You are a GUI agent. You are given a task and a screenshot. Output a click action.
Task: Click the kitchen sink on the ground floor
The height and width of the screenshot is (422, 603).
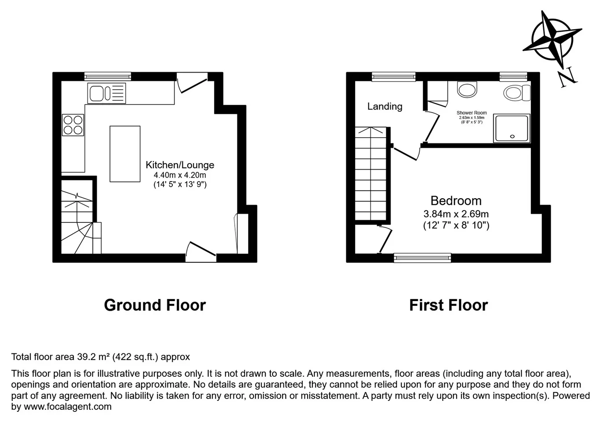pyautogui.click(x=107, y=93)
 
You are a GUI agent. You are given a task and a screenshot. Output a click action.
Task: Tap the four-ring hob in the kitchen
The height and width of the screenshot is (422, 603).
pyautogui.click(x=73, y=125)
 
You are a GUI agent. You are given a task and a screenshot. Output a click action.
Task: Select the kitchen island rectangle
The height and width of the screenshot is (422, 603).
pyautogui.click(x=125, y=154)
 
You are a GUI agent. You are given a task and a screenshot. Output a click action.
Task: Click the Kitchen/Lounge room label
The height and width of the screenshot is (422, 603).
pyautogui.click(x=180, y=165)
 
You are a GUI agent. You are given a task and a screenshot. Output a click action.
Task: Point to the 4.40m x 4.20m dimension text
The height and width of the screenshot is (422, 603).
pyautogui.click(x=180, y=175)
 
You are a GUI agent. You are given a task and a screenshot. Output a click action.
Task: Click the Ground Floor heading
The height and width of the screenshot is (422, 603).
pyautogui.click(x=155, y=305)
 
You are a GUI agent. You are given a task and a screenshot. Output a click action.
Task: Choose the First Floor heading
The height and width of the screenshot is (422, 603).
pyautogui.click(x=448, y=305)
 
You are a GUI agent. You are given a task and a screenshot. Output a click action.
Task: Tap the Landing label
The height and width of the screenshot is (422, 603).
pyautogui.click(x=385, y=106)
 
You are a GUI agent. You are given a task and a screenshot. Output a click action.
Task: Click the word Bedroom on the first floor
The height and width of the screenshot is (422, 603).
pyautogui.click(x=456, y=200)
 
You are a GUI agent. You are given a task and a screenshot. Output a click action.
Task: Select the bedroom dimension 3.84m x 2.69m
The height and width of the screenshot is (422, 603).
pyautogui.click(x=456, y=214)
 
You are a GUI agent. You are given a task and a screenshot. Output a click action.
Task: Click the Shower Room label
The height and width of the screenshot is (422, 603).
pyautogui.click(x=472, y=113)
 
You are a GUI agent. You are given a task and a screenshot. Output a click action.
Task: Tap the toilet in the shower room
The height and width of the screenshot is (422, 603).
pyautogui.click(x=517, y=93)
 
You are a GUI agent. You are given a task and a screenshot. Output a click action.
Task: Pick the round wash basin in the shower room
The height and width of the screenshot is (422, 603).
pyautogui.click(x=467, y=89)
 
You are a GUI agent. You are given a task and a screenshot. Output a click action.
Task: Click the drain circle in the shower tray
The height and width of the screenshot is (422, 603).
pyautogui.click(x=512, y=137)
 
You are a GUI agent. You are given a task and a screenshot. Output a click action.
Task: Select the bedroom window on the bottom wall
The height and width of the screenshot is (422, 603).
pyautogui.click(x=422, y=258)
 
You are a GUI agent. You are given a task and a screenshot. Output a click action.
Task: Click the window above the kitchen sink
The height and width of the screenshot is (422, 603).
pyautogui.click(x=108, y=76)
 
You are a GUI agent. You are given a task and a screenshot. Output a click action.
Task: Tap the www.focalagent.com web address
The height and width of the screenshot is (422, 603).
pyautogui.click(x=68, y=406)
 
